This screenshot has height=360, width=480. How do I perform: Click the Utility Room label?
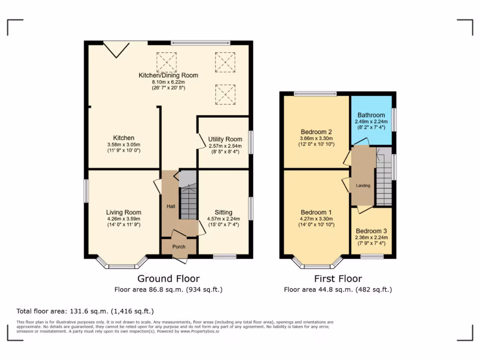225,139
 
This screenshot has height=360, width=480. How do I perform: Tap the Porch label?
179,247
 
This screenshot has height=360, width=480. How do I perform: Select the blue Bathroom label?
371,115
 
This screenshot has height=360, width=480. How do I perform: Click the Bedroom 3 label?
371,231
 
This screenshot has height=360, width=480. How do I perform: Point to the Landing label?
363,186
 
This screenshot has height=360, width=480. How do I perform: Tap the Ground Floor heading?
168,279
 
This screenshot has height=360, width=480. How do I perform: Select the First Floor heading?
337,279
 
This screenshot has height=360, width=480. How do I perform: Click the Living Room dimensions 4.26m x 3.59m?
123,218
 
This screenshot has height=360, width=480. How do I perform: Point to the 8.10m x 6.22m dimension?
168,82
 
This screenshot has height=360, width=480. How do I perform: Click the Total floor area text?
85,311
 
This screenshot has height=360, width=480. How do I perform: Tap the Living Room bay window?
122,263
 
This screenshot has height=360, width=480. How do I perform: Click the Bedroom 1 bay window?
317,263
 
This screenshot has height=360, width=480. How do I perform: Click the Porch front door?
180,259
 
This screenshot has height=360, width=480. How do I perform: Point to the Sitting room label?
224,212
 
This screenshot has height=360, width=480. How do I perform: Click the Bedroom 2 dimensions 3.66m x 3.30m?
316,139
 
